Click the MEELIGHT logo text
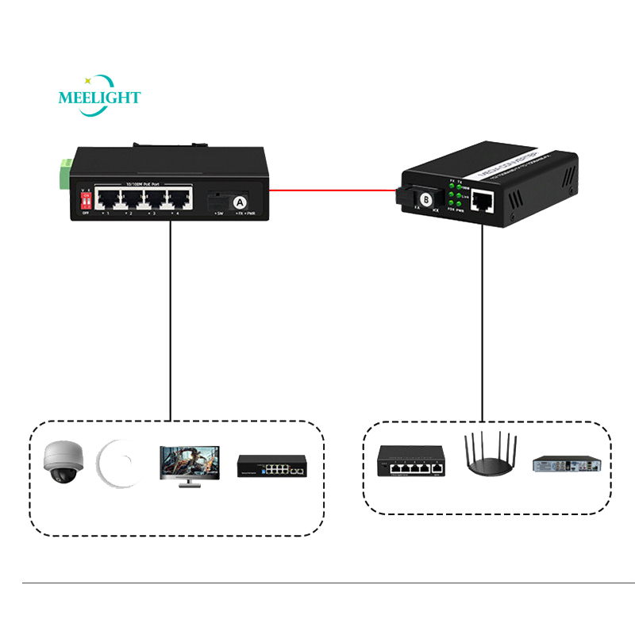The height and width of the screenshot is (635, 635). [99, 98]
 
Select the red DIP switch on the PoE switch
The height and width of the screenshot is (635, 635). [87, 201]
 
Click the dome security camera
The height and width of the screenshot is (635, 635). [61, 463]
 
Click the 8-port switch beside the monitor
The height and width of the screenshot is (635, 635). [272, 465]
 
